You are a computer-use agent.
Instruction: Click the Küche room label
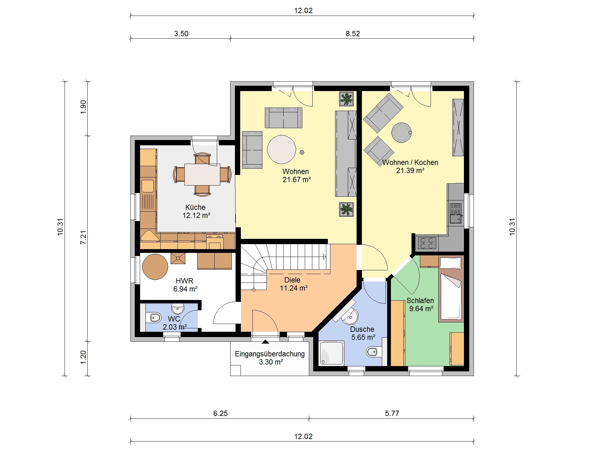195,207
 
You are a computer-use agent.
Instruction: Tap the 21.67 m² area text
297,180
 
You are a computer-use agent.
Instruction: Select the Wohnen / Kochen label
410,162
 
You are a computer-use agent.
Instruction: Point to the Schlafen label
420,301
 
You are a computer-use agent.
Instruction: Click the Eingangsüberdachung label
270,354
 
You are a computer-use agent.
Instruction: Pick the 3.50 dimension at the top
181,34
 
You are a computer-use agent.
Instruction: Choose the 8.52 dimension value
353,34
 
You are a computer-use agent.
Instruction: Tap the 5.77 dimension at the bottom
392,413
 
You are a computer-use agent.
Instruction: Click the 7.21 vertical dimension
83,237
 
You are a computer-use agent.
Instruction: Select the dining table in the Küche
202,175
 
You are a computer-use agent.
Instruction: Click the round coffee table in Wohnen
281,149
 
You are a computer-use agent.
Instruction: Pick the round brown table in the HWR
155,267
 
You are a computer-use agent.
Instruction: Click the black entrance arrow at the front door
265,342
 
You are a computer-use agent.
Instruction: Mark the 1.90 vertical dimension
83,107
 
